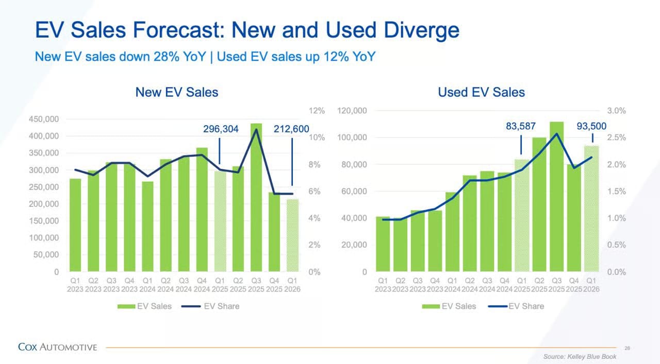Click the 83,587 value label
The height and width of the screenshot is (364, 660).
coord(521,126)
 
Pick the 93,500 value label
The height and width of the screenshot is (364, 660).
coord(591,126)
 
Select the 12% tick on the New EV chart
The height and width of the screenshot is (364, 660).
coord(317,111)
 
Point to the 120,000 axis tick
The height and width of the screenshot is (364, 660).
coord(352,111)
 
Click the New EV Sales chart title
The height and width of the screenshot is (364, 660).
coord(176,92)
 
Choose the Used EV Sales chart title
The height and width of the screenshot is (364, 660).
coord(481,92)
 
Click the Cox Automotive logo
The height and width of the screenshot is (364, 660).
coord(57,347)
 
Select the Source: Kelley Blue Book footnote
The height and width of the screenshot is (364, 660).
coord(580,356)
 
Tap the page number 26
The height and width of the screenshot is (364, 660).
coord(627,348)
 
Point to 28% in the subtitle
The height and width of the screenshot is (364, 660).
coord(163,57)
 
